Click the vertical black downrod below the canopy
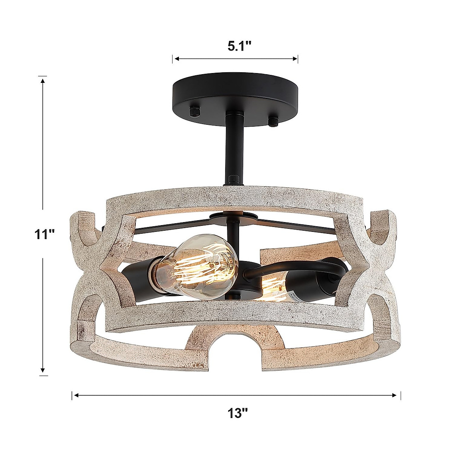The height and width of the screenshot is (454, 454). click(x=233, y=148)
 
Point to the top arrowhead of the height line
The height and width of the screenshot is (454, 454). click(x=44, y=80)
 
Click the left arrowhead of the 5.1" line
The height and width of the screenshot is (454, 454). click(x=176, y=59)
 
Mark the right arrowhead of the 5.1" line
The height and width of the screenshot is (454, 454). click(x=295, y=59)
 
